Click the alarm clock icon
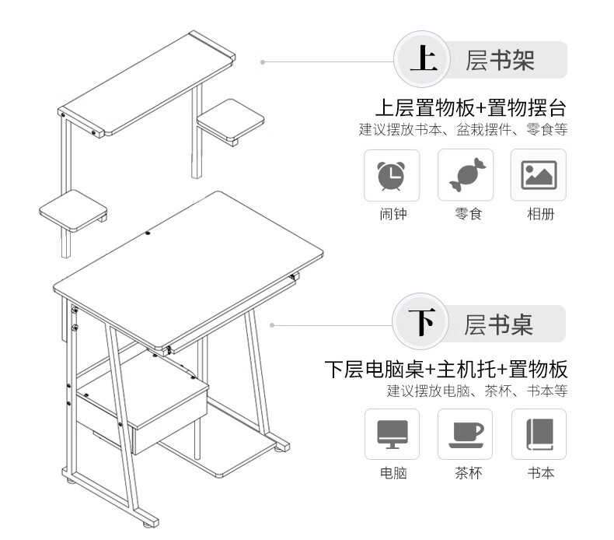[391, 176]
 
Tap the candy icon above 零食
[467, 175]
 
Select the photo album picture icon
[539, 175]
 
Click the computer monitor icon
[392, 434]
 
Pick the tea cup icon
[467, 435]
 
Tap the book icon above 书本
[539, 434]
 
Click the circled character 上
[423, 59]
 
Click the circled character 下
[422, 322]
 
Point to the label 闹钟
[393, 214]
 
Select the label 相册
[541, 214]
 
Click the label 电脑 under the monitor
[393, 472]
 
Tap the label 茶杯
[469, 472]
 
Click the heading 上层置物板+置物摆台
[471, 108]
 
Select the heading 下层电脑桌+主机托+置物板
[446, 369]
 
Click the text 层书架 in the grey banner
[500, 60]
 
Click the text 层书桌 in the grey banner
[498, 324]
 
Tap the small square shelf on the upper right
[230, 121]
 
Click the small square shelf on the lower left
[73, 211]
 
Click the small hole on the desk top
[148, 233]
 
